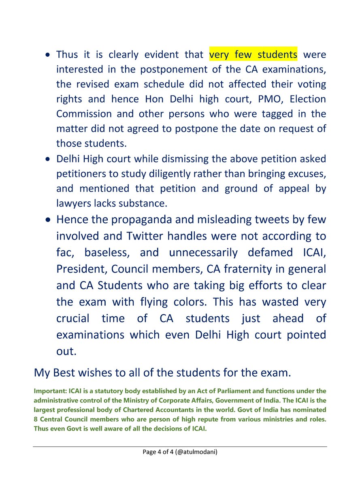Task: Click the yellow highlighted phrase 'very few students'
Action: click(x=253, y=54)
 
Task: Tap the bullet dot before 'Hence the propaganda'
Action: click(x=48, y=220)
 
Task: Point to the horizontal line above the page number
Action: click(x=180, y=446)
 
